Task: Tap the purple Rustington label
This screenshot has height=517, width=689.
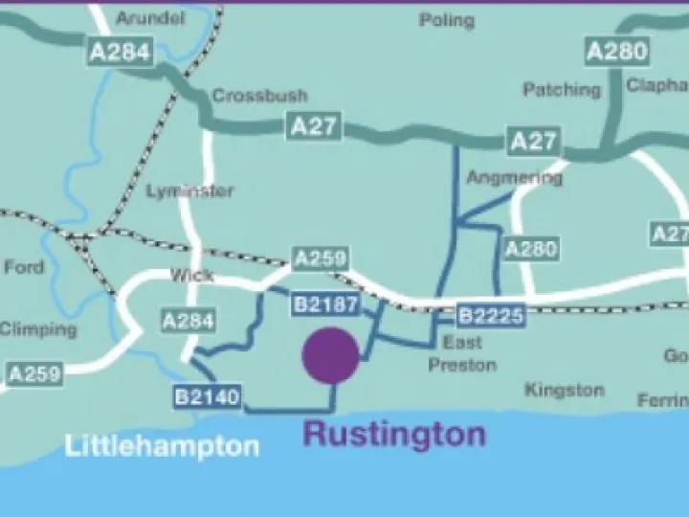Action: [x=394, y=434]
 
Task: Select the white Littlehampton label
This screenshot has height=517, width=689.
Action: [x=162, y=445]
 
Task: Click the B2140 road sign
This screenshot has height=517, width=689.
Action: [x=208, y=395]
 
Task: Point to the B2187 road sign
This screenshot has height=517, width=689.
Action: [x=325, y=305]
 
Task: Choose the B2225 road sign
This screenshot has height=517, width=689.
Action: [x=491, y=315]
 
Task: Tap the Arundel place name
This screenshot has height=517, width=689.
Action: [x=149, y=18]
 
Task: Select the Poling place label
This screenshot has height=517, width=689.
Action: [x=446, y=20]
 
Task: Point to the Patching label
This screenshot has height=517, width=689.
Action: [x=562, y=89]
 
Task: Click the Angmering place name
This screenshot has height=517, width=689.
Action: [x=514, y=178]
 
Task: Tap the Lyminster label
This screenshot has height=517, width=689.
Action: [x=189, y=191]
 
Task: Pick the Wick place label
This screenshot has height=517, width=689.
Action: [x=191, y=275]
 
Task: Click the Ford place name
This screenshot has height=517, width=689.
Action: [x=24, y=267]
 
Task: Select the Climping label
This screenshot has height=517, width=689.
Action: [x=38, y=328]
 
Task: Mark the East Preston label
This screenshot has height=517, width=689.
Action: [x=462, y=353]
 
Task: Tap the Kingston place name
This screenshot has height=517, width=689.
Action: [x=565, y=390]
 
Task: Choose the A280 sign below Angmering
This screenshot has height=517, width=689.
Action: [x=530, y=249]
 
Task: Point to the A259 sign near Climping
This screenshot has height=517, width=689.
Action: [x=34, y=373]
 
